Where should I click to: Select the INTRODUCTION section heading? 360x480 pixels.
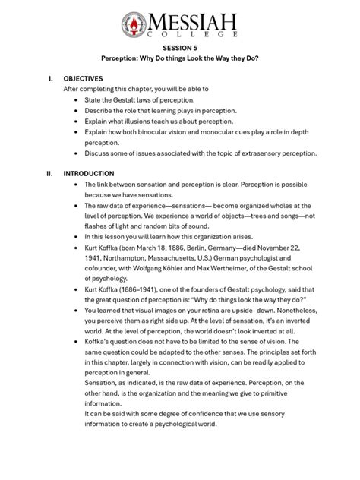click(x=89, y=173)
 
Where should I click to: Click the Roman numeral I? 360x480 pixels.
click(x=50, y=78)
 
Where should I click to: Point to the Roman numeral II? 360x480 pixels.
click(x=51, y=173)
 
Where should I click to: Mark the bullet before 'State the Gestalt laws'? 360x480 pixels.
click(x=76, y=99)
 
